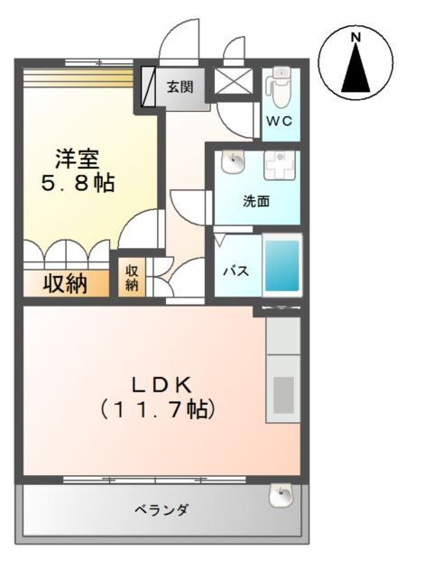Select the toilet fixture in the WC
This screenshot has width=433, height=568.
tap(279, 87)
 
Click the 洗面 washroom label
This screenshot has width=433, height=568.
tap(256, 202)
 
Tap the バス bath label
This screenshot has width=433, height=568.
tap(236, 271)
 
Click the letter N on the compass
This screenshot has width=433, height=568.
tap(355, 37)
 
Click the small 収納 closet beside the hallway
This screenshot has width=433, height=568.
tap(132, 277)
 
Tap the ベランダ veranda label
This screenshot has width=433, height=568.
tap(162, 510)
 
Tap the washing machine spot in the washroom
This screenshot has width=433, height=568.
tap(280, 167)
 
